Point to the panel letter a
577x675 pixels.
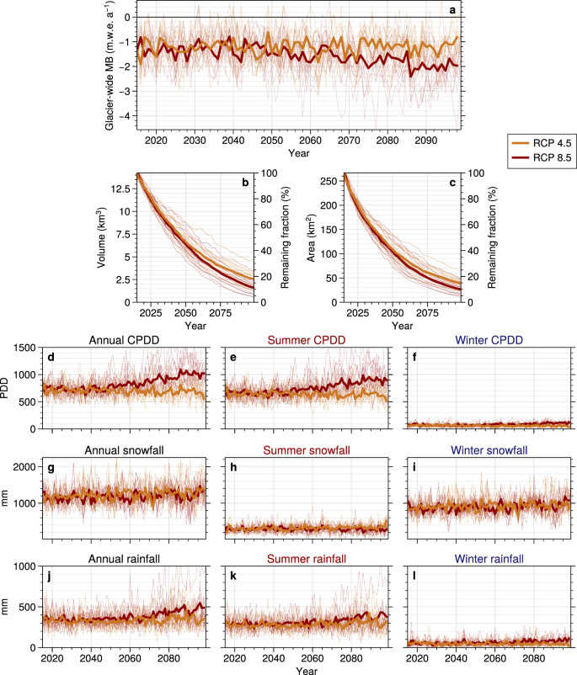point(452,10)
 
